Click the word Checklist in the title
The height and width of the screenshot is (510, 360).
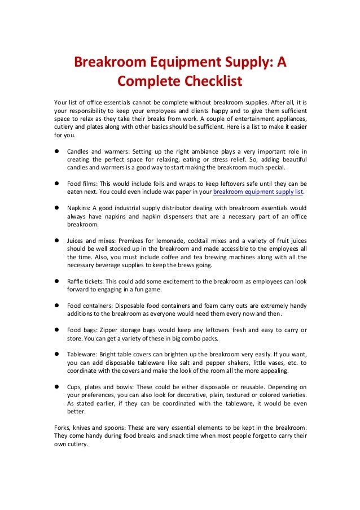209,81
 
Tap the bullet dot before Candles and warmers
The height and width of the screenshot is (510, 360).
58,152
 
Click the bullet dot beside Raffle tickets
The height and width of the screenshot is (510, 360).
58,281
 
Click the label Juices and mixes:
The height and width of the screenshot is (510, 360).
94,241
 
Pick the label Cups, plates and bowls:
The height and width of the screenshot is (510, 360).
100,387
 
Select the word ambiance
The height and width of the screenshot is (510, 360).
197,152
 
